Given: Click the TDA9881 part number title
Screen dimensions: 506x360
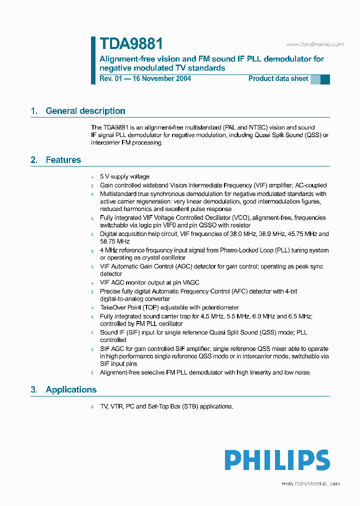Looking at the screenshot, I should tap(131, 44).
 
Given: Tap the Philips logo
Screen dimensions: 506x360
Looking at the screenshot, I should tap(276, 460).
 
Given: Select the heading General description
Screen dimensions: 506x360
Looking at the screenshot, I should tap(85, 111).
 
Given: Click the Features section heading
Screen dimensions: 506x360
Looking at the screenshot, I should tap(63, 160).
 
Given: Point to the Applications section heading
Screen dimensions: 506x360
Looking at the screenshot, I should tap(71, 389).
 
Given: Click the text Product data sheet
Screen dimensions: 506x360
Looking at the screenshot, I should tap(278, 78).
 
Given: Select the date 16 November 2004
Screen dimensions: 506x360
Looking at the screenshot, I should tap(159, 78).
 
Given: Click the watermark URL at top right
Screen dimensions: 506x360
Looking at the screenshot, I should tap(314, 44).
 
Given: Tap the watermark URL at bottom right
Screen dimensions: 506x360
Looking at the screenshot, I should tap(310, 483).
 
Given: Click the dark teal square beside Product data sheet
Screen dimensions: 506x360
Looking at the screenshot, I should tap(325, 79).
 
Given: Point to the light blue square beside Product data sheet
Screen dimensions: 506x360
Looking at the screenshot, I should tap(315, 79).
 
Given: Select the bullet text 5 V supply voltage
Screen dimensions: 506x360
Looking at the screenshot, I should tap(124, 176).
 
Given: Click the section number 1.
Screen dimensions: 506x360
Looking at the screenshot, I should tap(34, 111).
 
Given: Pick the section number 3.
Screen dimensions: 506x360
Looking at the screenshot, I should tap(34, 389).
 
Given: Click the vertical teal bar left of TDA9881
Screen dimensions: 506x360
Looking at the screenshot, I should tap(93, 60).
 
